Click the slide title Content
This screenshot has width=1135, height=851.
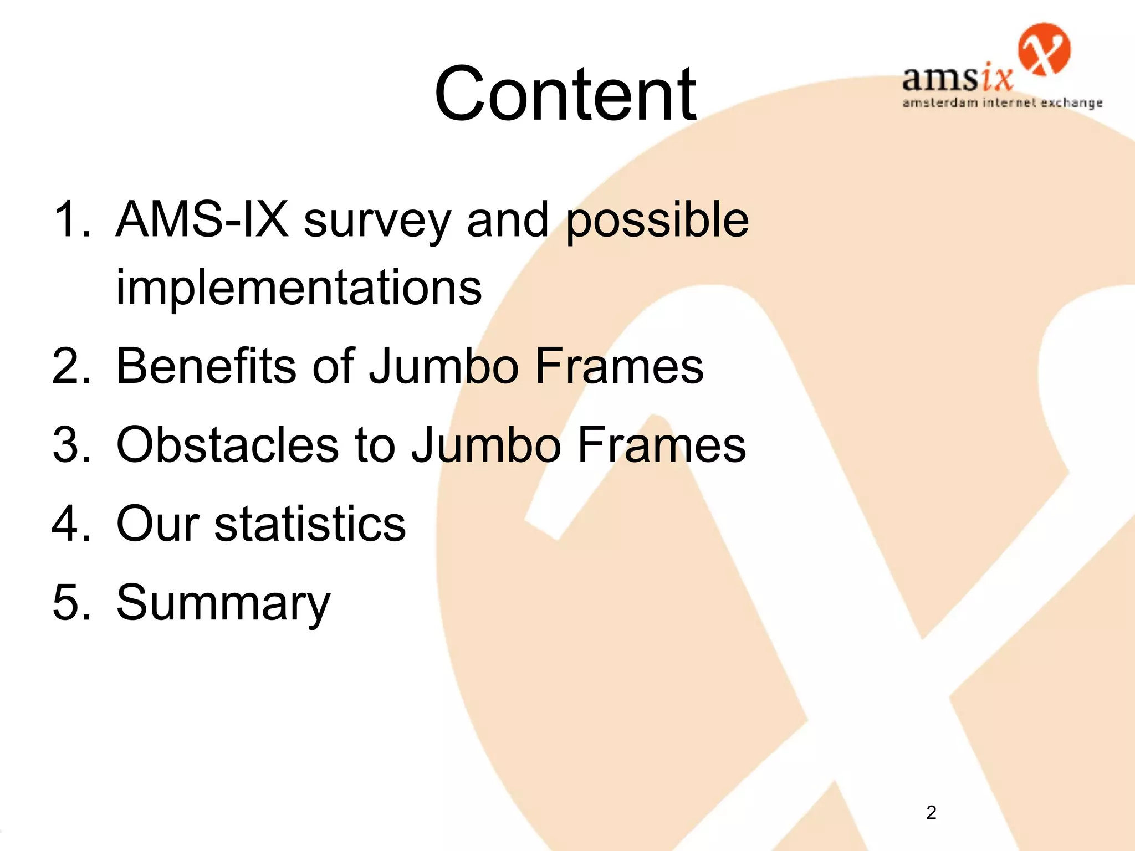coord(565,94)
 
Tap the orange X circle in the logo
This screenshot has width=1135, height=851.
coord(1044,49)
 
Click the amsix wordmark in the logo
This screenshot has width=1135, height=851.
coord(957,79)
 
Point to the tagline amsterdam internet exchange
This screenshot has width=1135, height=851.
coord(1002,103)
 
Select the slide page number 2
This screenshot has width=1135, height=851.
coord(931,812)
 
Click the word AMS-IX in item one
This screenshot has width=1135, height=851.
coord(202,219)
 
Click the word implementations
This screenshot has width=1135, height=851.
coord(299,288)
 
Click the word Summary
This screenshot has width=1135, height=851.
coord(223,604)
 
